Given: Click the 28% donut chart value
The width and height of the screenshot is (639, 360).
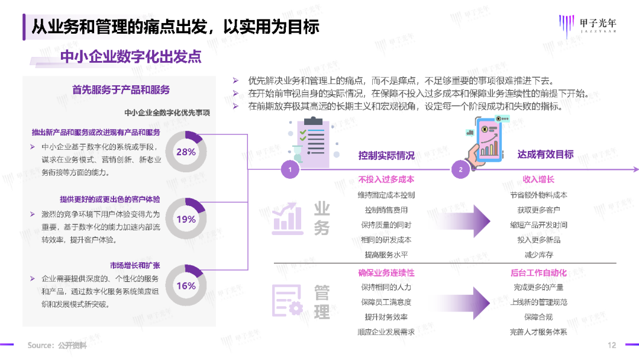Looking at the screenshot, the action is tap(186, 152).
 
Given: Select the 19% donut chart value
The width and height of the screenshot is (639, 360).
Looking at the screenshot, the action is tap(186, 219).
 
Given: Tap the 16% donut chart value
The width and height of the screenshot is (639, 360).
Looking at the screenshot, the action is tap(186, 285).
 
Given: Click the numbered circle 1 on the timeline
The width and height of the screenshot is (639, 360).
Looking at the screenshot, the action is tap(290, 170).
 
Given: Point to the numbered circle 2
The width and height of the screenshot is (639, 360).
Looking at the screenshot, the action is tap(461, 170).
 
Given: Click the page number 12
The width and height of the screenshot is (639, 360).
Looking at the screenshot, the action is tap(612, 345).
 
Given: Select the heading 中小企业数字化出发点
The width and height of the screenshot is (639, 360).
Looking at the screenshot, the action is tap(131, 56).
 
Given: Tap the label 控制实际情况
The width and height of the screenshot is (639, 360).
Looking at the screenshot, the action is tap(386, 155).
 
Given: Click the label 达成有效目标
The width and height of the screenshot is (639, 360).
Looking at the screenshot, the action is tap(546, 155).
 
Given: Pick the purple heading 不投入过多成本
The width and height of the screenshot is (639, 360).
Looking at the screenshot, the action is tap(386, 179).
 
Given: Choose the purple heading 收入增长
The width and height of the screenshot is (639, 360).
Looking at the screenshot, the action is tap(538, 179).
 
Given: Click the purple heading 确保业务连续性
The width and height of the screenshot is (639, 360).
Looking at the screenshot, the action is tap(386, 273).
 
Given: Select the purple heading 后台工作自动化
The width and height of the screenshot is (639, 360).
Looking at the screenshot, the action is tap(538, 273).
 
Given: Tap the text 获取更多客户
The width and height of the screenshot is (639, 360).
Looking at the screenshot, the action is tap(538, 210).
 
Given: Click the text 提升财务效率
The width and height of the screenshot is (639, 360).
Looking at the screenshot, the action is tap(386, 317).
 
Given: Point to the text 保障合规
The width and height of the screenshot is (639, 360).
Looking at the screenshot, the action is tap(538, 317).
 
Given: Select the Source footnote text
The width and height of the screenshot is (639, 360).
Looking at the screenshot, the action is tap(57, 345).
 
